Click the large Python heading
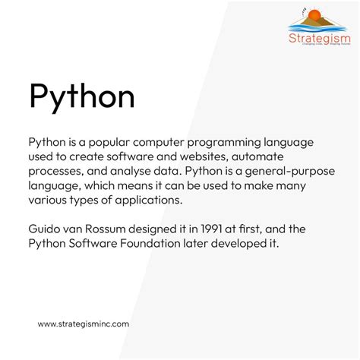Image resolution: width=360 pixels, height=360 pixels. [x=81, y=99]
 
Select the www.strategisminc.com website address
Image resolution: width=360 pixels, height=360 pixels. [x=84, y=324]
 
